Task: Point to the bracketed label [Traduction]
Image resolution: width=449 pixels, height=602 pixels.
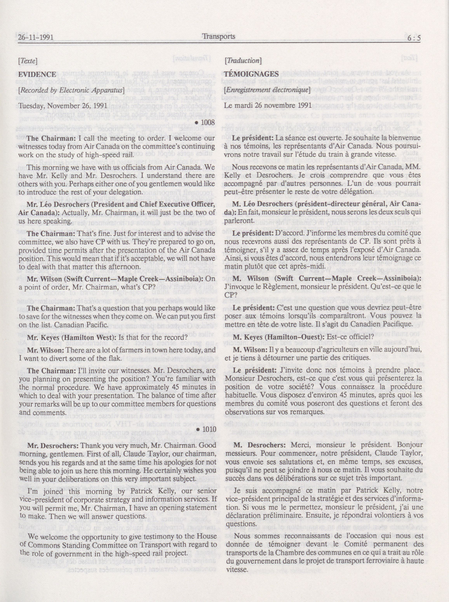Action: pyautogui.click(x=243, y=61)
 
